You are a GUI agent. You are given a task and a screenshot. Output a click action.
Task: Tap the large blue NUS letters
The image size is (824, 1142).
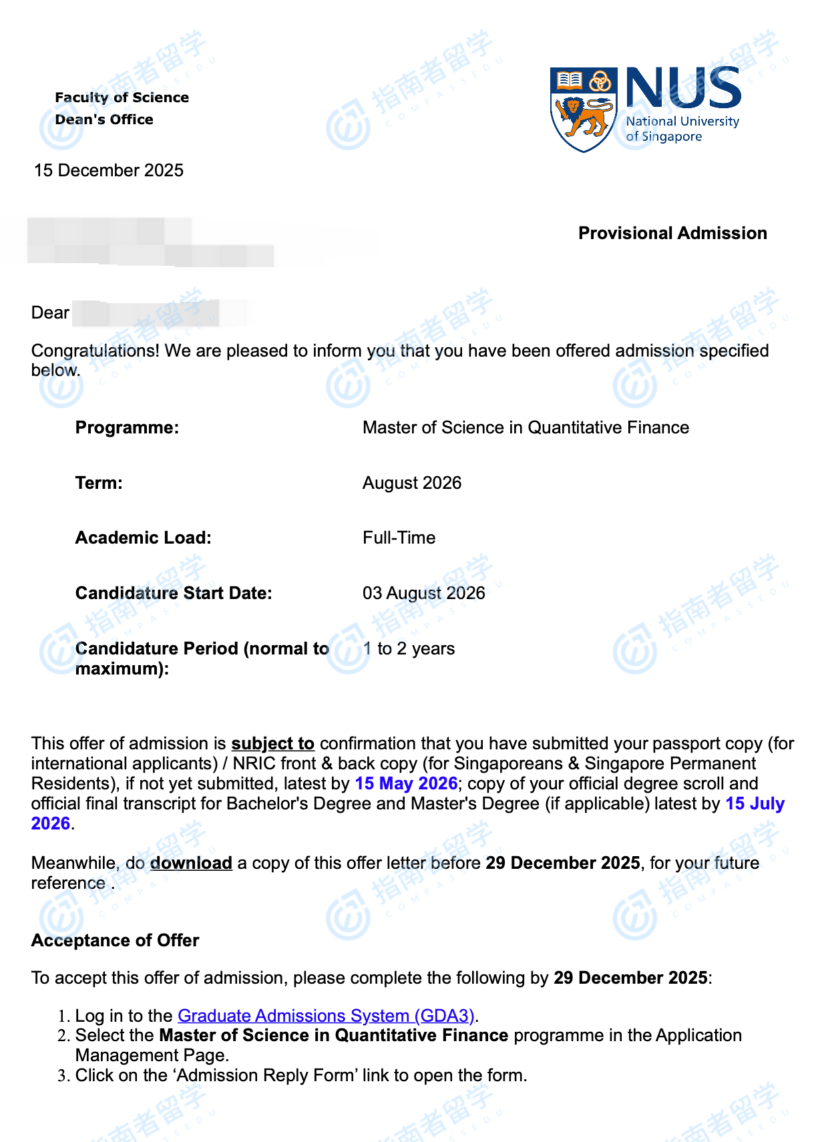(x=683, y=88)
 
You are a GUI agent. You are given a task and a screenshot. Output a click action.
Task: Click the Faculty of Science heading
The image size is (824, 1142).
(x=122, y=98)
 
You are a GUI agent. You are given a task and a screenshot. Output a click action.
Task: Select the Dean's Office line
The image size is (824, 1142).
(x=104, y=120)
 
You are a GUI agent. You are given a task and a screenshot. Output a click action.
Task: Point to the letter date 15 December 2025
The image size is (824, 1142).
(x=109, y=170)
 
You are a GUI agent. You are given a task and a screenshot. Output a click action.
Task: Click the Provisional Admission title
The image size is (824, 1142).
(x=672, y=233)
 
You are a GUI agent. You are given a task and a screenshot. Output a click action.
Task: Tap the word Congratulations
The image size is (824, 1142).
(x=95, y=351)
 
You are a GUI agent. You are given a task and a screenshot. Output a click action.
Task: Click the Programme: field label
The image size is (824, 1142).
(x=127, y=427)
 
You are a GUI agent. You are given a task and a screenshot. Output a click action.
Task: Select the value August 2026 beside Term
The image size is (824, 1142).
(x=412, y=483)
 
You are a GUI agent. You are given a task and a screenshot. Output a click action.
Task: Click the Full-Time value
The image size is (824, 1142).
(x=399, y=538)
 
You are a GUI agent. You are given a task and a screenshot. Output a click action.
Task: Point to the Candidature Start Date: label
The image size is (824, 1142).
(x=174, y=593)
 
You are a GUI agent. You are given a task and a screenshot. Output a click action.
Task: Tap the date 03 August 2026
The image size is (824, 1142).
(x=424, y=593)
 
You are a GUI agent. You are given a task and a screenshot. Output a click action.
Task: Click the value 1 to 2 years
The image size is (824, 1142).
(x=409, y=648)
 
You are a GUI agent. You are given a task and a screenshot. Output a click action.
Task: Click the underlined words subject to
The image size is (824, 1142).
(x=272, y=743)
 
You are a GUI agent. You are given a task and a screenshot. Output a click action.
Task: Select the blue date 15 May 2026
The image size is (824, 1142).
(x=406, y=783)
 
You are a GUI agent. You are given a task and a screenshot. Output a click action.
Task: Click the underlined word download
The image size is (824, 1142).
(x=191, y=863)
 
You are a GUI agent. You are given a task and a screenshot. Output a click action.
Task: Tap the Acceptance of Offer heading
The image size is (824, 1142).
(x=115, y=940)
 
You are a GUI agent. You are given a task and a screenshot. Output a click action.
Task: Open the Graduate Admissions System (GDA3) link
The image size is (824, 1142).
(x=326, y=1016)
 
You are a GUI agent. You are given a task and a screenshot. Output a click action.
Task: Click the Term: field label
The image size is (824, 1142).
(x=99, y=483)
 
